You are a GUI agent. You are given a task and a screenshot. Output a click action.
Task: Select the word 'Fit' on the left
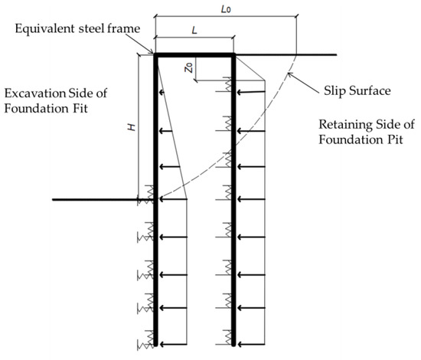click(103, 108)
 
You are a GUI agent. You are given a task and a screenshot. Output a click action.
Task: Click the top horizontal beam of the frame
click(194, 54)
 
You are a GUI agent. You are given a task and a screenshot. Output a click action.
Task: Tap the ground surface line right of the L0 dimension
click(318, 54)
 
